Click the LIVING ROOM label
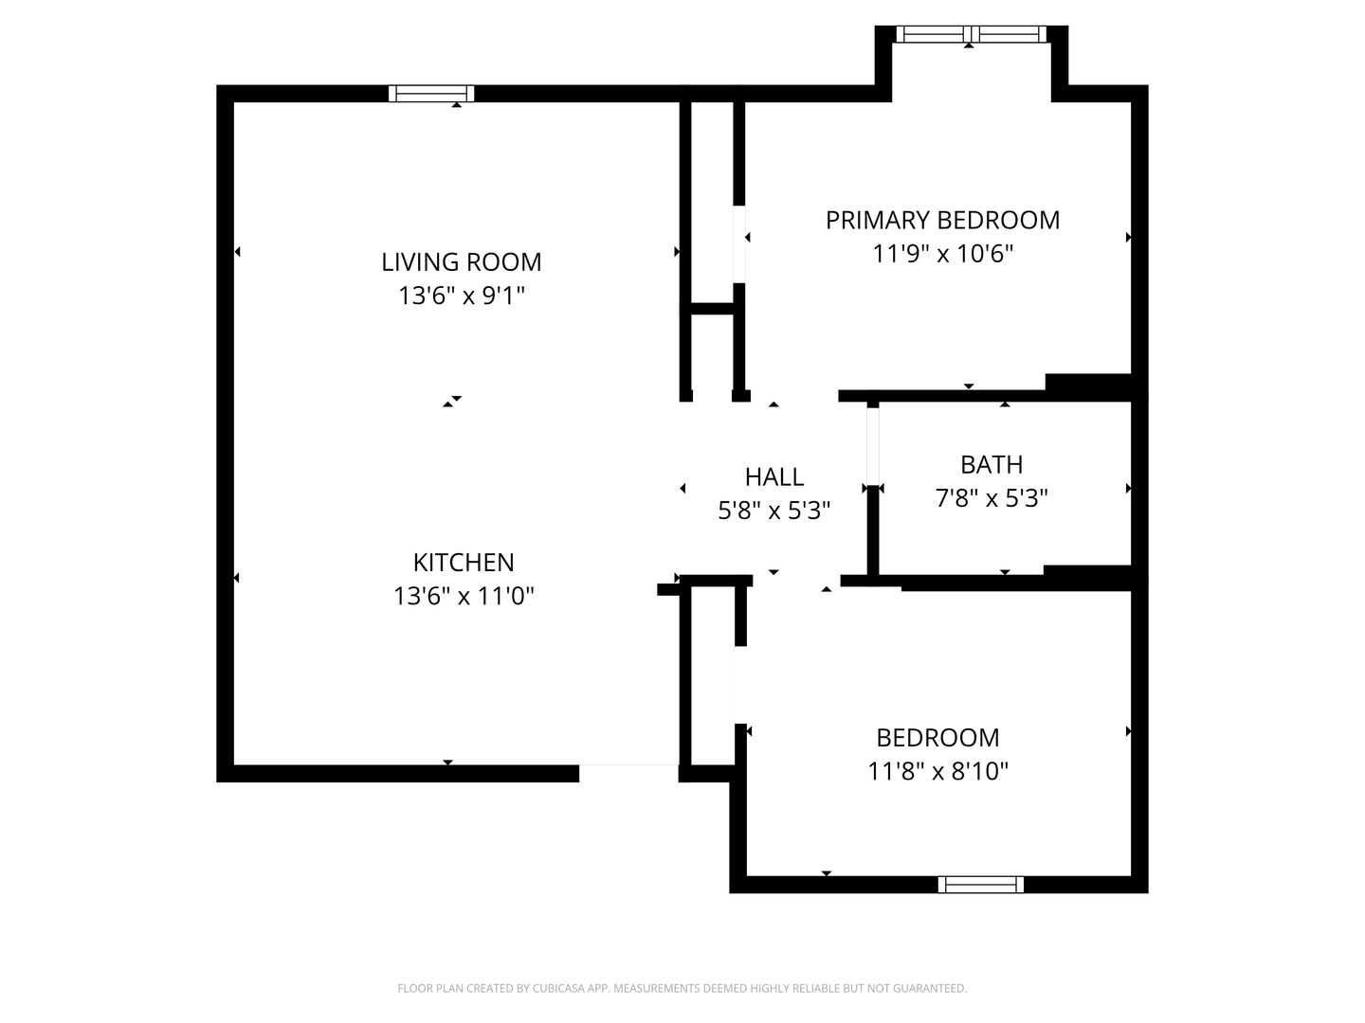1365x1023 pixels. [461, 262]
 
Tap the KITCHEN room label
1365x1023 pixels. [464, 563]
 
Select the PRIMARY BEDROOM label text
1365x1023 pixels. [942, 221]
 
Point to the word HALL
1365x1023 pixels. [774, 477]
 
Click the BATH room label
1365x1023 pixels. [992, 464]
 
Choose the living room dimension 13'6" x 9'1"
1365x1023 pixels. [462, 296]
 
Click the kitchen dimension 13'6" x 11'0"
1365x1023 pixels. [464, 597]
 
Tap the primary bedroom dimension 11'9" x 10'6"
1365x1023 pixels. [943, 254]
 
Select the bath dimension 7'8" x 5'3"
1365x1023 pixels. [992, 498]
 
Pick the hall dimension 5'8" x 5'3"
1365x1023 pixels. [774, 511]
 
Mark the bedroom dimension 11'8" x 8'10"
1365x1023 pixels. [937, 771]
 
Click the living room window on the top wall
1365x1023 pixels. [431, 94]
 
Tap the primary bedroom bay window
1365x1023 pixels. [971, 34]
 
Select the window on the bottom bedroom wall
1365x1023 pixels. [981, 885]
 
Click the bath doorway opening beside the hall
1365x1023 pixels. [872, 446]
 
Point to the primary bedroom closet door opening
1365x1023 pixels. [738, 244]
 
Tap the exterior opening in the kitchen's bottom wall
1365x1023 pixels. [628, 773]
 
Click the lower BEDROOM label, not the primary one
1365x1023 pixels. [937, 738]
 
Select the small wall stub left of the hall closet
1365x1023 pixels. [668, 589]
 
